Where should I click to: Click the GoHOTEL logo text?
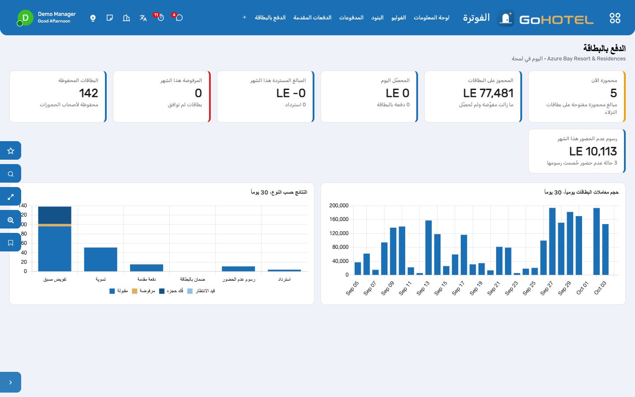556,19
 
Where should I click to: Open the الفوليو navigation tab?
399,18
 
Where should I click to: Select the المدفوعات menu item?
351,18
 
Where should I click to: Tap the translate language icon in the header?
143,18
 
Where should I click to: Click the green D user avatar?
25,18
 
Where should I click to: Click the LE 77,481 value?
488,93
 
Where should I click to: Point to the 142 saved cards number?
89,93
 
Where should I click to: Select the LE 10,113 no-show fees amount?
593,151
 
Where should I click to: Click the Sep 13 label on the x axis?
423,288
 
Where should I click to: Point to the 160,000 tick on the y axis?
339,219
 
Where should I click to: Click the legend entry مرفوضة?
143,291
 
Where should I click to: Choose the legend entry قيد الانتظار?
201,291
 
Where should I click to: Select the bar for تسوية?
101,259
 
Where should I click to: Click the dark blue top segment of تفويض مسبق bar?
55,215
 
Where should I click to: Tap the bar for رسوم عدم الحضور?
239,269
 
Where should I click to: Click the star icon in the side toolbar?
11,150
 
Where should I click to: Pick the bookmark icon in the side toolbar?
11,243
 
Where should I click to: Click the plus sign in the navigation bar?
244,17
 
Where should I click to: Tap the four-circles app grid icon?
615,18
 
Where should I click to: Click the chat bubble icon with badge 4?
179,18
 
